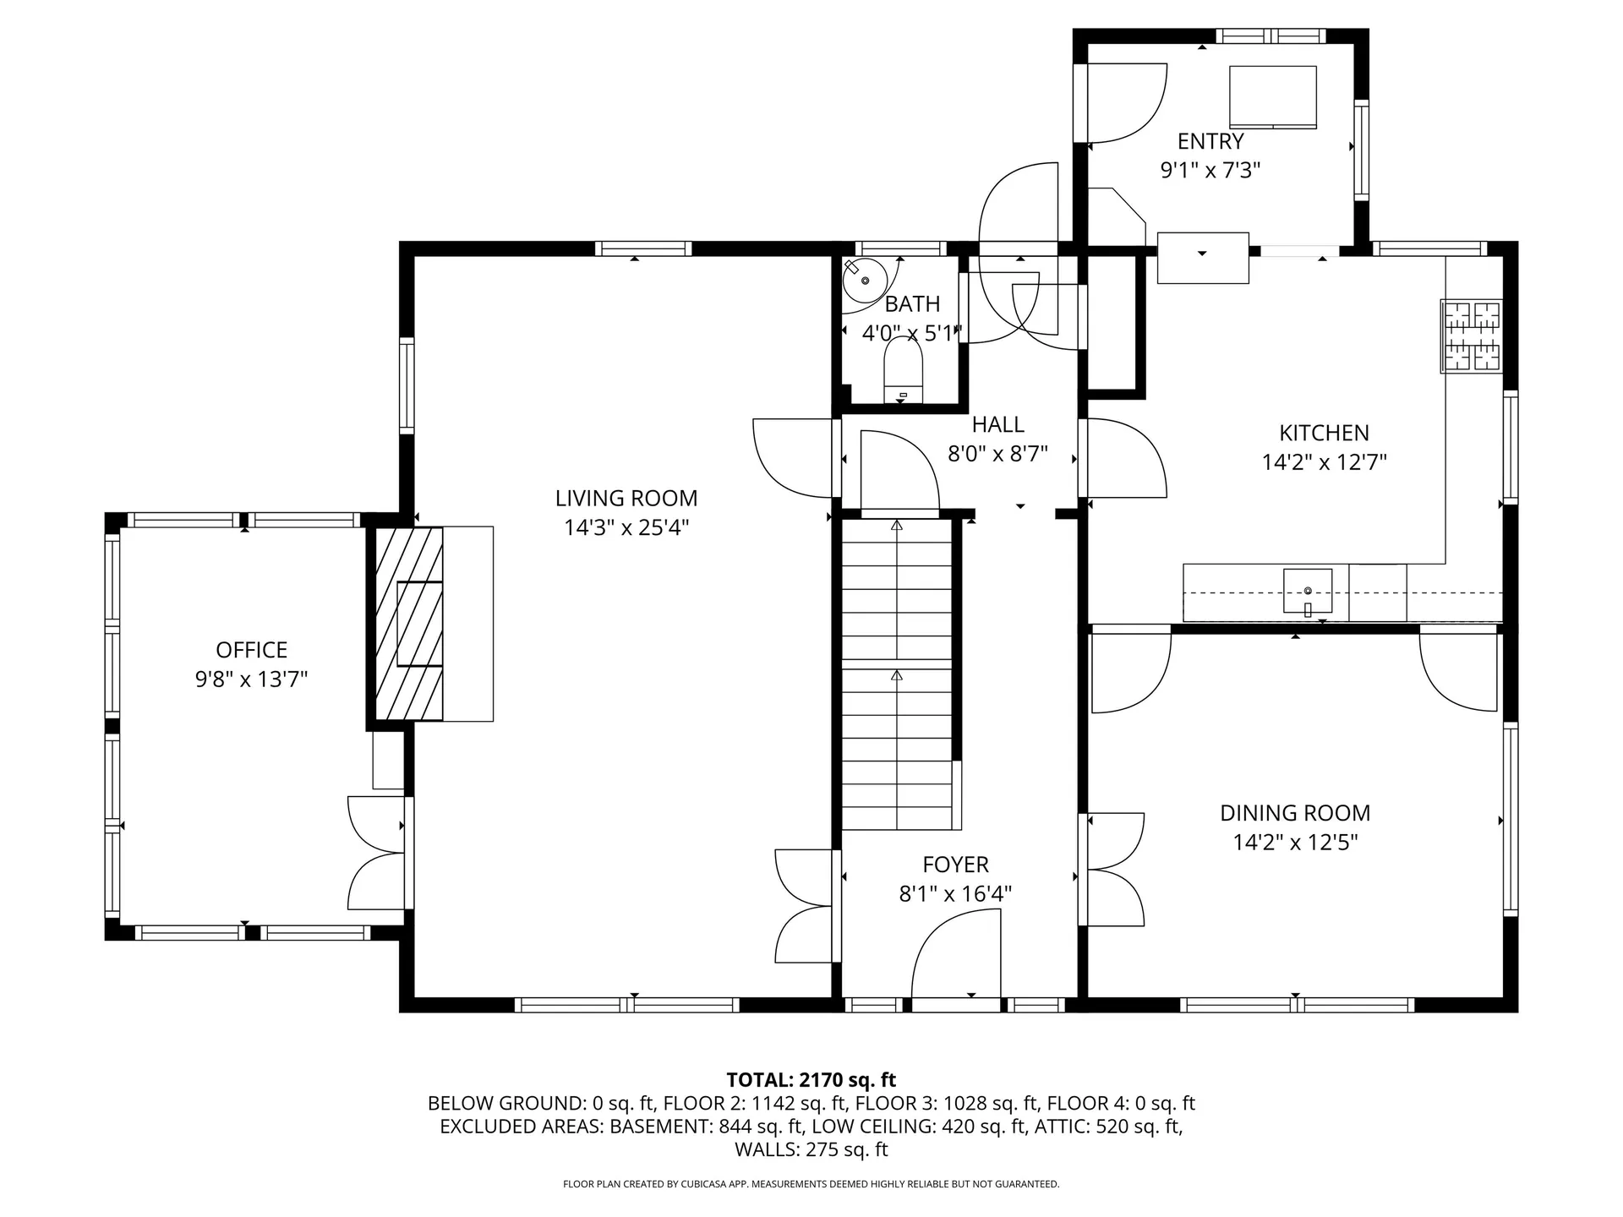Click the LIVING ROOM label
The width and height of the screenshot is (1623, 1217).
pyautogui.click(x=626, y=499)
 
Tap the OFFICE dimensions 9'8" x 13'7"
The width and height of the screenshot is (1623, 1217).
pyautogui.click(x=251, y=679)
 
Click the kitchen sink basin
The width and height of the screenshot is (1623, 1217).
pyautogui.click(x=1307, y=590)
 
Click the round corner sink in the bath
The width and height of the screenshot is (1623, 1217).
pyautogui.click(x=864, y=281)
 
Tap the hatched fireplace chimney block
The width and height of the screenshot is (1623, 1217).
pyautogui.click(x=409, y=624)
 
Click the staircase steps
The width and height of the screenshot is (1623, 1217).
pyautogui.click(x=897, y=676)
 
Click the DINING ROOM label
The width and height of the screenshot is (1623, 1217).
pyautogui.click(x=1294, y=813)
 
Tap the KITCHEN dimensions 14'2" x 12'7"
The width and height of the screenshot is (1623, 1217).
pyautogui.click(x=1324, y=462)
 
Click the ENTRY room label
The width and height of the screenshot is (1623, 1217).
pyautogui.click(x=1210, y=141)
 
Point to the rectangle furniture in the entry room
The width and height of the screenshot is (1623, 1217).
pyautogui.click(x=1272, y=96)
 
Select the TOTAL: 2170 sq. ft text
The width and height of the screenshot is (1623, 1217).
pyautogui.click(x=811, y=1079)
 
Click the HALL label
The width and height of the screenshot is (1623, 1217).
pyautogui.click(x=997, y=424)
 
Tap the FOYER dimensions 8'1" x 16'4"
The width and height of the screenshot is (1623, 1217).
pyautogui.click(x=955, y=893)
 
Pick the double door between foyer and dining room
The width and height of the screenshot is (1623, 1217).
pyautogui.click(x=1114, y=870)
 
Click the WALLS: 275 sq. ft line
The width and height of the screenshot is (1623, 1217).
pyautogui.click(x=811, y=1149)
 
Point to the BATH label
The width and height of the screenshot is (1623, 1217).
pyautogui.click(x=912, y=303)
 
